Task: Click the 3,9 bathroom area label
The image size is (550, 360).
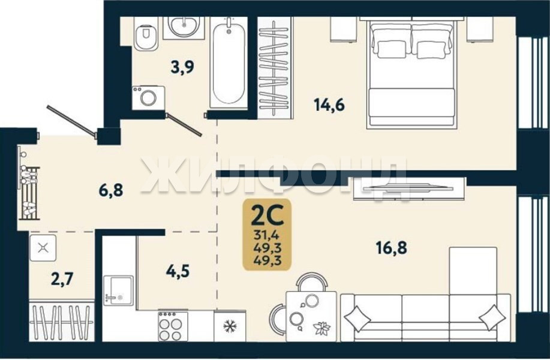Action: coord(182,67)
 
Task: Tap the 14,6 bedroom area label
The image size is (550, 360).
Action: coord(329,104)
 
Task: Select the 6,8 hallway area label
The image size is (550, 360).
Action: coord(111,190)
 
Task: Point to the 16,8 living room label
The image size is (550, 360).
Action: coord(392,248)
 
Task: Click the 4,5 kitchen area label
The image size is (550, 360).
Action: coord(178,271)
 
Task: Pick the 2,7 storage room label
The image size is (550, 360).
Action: coord(62,279)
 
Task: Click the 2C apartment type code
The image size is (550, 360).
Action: coord(268,216)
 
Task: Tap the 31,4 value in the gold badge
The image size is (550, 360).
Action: coord(268,234)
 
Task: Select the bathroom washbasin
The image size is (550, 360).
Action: coord(184,26)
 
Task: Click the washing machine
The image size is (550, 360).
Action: coord(148,98)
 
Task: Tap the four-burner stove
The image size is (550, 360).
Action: coord(173,326)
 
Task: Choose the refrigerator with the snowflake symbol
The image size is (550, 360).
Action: coord(230,326)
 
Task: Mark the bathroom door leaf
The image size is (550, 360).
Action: coord(184,125)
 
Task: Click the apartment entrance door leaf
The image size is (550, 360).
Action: coord(72,119)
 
